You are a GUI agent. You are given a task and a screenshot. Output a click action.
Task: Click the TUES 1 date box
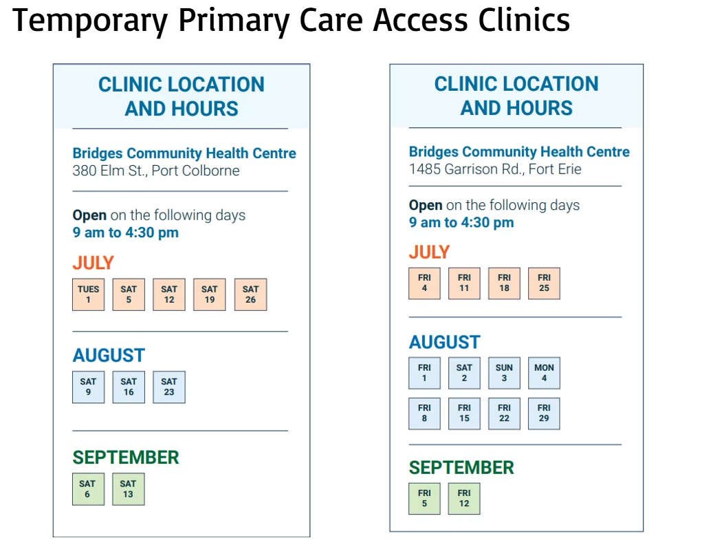point(88,294)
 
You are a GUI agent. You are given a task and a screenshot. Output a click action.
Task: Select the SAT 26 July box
point(250,294)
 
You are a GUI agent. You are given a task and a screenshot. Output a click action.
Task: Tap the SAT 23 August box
point(168,387)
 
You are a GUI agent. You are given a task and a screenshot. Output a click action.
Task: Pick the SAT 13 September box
point(128,489)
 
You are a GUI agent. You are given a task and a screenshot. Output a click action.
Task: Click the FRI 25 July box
point(544,283)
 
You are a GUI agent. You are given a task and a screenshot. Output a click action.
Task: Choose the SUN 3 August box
point(504,373)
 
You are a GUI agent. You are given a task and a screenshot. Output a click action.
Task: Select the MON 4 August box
point(544,373)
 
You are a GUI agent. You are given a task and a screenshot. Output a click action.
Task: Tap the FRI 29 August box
point(544,413)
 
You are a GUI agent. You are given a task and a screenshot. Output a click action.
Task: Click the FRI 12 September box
point(464,499)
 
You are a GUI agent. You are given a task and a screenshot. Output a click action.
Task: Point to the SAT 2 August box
point(464,373)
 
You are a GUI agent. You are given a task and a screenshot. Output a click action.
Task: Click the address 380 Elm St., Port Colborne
point(156,171)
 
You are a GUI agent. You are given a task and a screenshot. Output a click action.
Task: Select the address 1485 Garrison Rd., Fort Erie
point(495,169)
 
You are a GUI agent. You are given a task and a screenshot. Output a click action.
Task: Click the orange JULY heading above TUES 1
point(93,263)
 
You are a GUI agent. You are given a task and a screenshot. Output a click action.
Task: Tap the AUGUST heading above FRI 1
point(445,343)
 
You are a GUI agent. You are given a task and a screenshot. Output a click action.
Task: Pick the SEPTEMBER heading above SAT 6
point(126,457)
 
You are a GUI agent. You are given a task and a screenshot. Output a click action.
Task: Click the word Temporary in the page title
point(90,21)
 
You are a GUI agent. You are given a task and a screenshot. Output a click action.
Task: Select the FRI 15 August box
point(464,413)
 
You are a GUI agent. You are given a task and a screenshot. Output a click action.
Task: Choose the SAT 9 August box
point(88,387)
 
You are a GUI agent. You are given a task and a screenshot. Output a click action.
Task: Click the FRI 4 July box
point(424,283)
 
